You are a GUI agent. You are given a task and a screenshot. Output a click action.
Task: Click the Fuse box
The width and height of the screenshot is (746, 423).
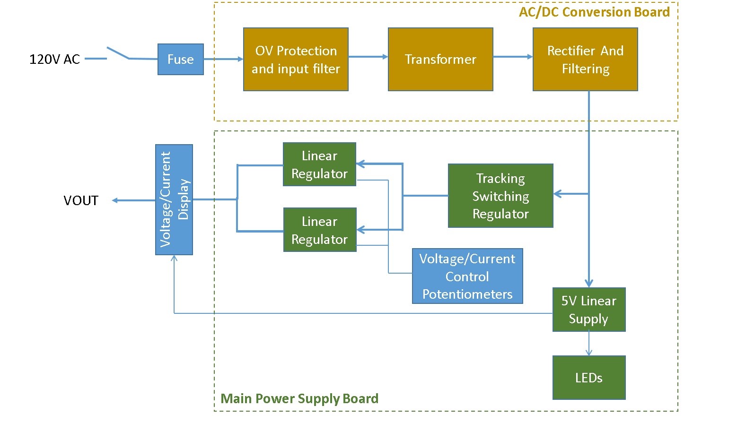click(x=180, y=59)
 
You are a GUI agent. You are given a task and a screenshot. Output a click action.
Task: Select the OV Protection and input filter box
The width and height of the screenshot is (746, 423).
click(x=296, y=59)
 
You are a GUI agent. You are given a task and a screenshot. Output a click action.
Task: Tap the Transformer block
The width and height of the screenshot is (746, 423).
click(x=440, y=59)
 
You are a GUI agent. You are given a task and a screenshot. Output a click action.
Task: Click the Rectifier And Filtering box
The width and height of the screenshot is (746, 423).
click(x=585, y=59)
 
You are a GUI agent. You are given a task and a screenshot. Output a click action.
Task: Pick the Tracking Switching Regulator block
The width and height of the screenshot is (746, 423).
click(x=500, y=196)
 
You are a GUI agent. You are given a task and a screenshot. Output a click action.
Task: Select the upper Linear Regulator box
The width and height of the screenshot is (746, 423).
click(x=319, y=164)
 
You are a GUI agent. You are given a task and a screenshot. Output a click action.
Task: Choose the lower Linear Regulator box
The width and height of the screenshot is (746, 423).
click(x=320, y=230)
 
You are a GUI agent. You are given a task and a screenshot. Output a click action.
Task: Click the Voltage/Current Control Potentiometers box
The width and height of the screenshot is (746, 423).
click(x=467, y=276)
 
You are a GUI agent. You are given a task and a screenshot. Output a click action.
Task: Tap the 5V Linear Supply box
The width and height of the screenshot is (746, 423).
click(x=589, y=310)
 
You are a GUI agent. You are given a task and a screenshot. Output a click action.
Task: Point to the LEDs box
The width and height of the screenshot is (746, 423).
click(x=589, y=378)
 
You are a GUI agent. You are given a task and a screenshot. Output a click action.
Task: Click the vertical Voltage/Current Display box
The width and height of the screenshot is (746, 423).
click(x=174, y=199)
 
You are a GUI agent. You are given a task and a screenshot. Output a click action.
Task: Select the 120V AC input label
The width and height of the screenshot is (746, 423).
click(x=54, y=59)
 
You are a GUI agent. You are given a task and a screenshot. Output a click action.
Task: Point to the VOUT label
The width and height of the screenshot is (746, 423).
click(x=81, y=200)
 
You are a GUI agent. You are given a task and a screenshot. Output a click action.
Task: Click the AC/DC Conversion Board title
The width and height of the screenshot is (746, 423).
click(x=594, y=12)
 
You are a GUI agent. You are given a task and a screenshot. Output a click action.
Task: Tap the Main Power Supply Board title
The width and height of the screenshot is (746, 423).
click(x=299, y=398)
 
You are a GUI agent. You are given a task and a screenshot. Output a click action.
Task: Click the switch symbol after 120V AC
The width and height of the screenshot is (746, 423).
click(x=118, y=53)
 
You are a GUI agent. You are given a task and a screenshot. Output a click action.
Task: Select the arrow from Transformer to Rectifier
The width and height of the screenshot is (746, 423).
click(x=513, y=57)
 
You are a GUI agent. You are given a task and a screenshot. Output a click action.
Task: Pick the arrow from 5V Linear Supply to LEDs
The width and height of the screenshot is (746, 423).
click(x=589, y=344)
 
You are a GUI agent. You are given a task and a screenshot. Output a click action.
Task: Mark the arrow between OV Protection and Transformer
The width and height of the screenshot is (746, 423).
click(x=368, y=57)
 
